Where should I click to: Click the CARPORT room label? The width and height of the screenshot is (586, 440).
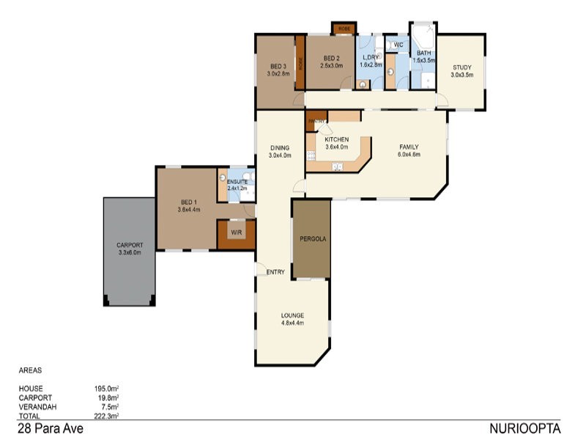[x=129, y=245]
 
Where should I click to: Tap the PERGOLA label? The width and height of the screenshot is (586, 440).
[x=312, y=239]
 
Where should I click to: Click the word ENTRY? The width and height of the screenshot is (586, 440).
[x=276, y=272]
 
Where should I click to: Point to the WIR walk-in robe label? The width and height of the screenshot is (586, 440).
[x=236, y=232]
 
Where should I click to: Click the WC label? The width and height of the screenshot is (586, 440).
[x=398, y=45]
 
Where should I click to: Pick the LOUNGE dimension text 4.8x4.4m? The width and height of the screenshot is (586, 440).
[x=292, y=323]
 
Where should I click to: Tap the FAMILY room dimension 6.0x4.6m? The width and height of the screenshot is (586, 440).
[x=409, y=155]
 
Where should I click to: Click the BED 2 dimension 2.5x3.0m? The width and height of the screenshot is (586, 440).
[x=331, y=65]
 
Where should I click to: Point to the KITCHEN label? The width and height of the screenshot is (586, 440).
[x=337, y=139]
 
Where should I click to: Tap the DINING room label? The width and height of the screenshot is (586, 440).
[x=280, y=147]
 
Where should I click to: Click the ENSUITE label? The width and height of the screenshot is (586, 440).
[x=237, y=181]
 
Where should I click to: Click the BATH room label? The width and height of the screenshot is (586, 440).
[x=423, y=54]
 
